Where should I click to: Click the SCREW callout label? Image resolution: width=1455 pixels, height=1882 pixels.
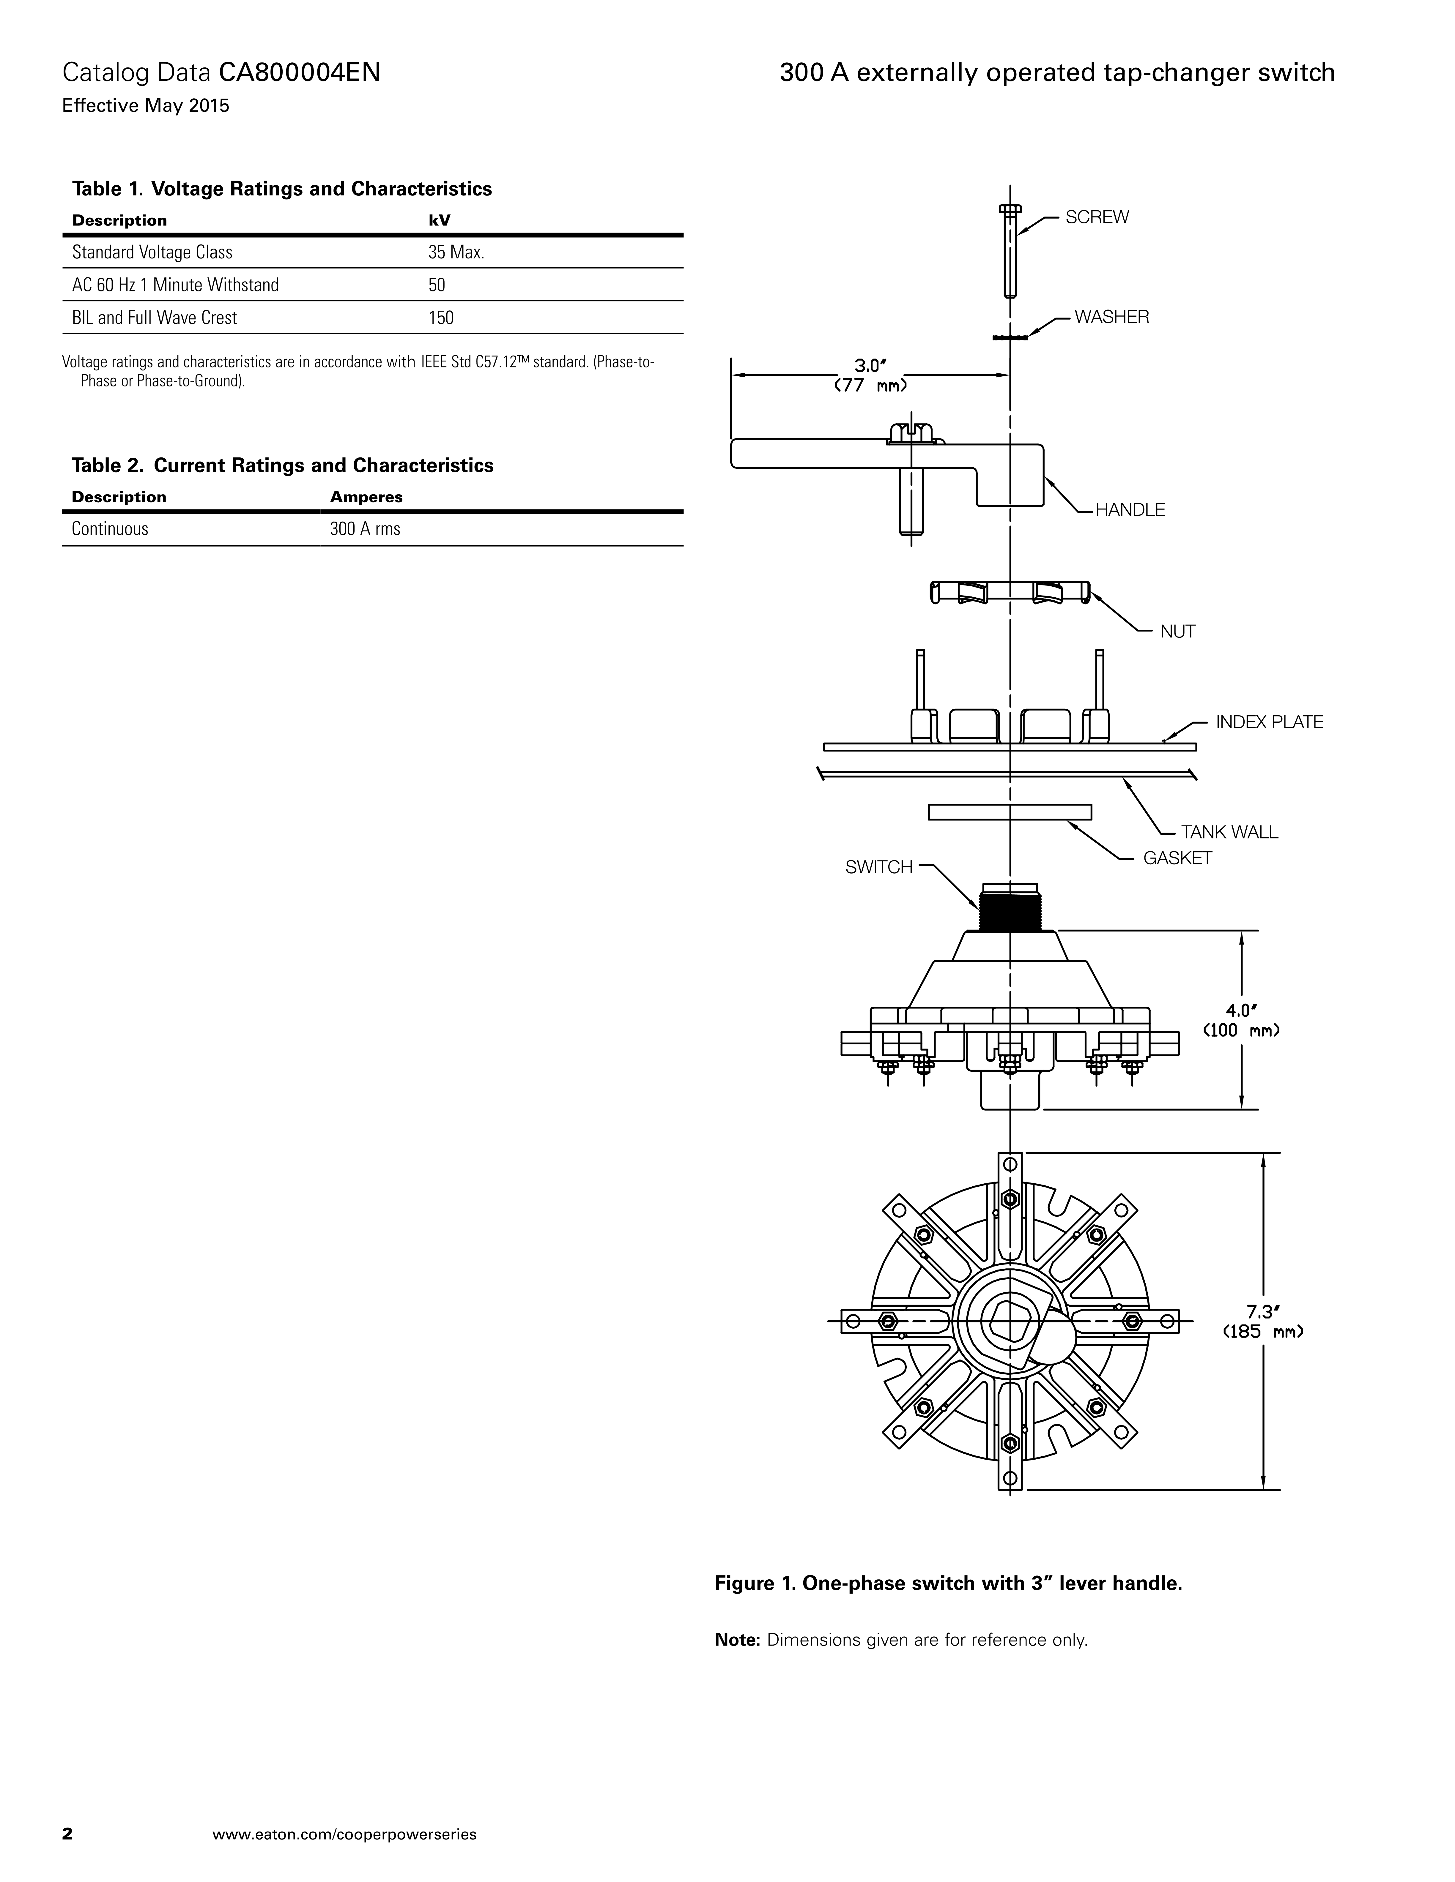[x=1096, y=217]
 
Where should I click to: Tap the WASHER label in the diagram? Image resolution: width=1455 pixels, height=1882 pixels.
[x=1111, y=317]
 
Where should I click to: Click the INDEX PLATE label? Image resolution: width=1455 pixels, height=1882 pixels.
[x=1269, y=722]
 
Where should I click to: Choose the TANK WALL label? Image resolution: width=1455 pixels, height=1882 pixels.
[x=1229, y=832]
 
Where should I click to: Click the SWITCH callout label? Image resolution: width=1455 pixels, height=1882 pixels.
[x=878, y=868]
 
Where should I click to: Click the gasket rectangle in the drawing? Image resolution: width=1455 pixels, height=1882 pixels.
[x=1009, y=812]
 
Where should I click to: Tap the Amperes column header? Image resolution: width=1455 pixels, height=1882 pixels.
[x=366, y=497]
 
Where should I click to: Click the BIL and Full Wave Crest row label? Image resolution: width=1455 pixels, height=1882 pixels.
[x=154, y=318]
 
